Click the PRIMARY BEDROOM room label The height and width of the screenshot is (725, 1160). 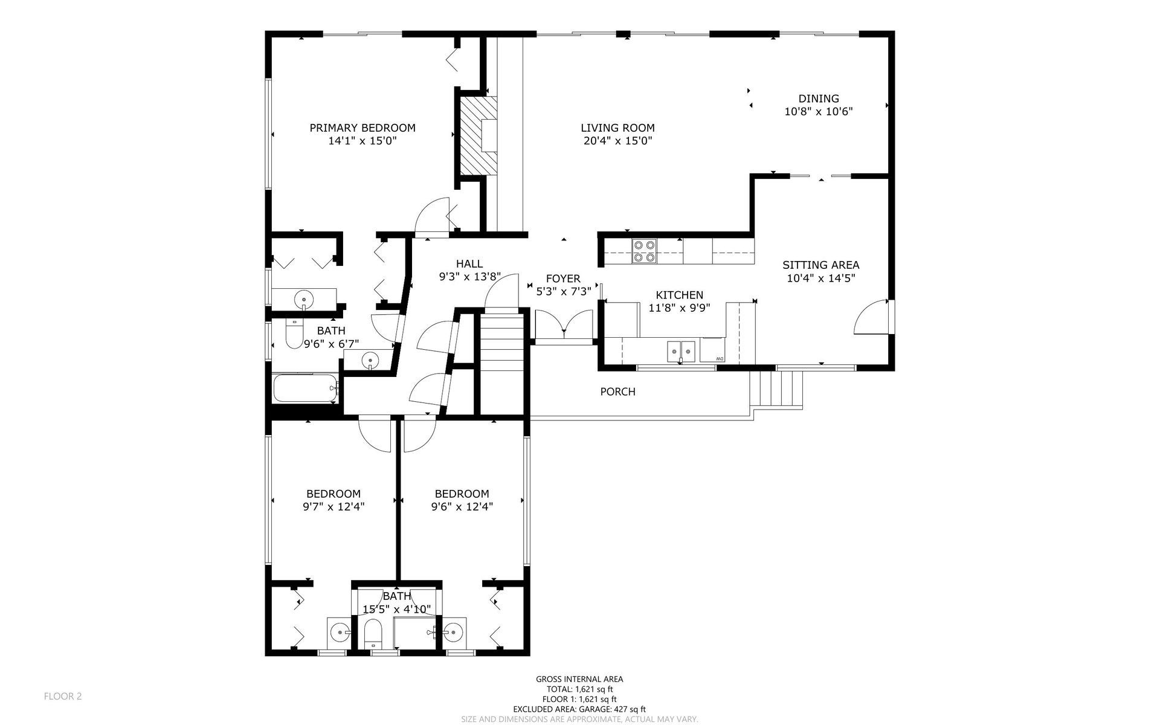coord(362,128)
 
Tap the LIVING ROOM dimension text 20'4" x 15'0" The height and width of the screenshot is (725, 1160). coord(617,141)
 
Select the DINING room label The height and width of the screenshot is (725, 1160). coord(819,98)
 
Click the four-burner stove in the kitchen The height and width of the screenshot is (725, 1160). coord(644,251)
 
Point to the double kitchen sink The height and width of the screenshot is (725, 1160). coord(681,350)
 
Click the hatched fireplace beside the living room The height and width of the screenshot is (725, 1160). coord(477,136)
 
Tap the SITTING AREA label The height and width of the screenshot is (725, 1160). coord(820,265)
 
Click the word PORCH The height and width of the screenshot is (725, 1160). coord(617,391)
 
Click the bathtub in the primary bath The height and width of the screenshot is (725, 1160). coord(305,388)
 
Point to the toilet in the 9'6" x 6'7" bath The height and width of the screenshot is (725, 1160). coord(294,334)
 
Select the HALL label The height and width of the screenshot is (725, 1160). coord(469,263)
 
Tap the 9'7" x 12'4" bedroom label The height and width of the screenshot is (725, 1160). coord(333,494)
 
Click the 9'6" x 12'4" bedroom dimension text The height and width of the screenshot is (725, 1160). coord(462,507)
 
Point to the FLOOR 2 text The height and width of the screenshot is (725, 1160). coord(63,696)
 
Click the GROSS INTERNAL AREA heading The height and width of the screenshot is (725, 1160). coord(579,679)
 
